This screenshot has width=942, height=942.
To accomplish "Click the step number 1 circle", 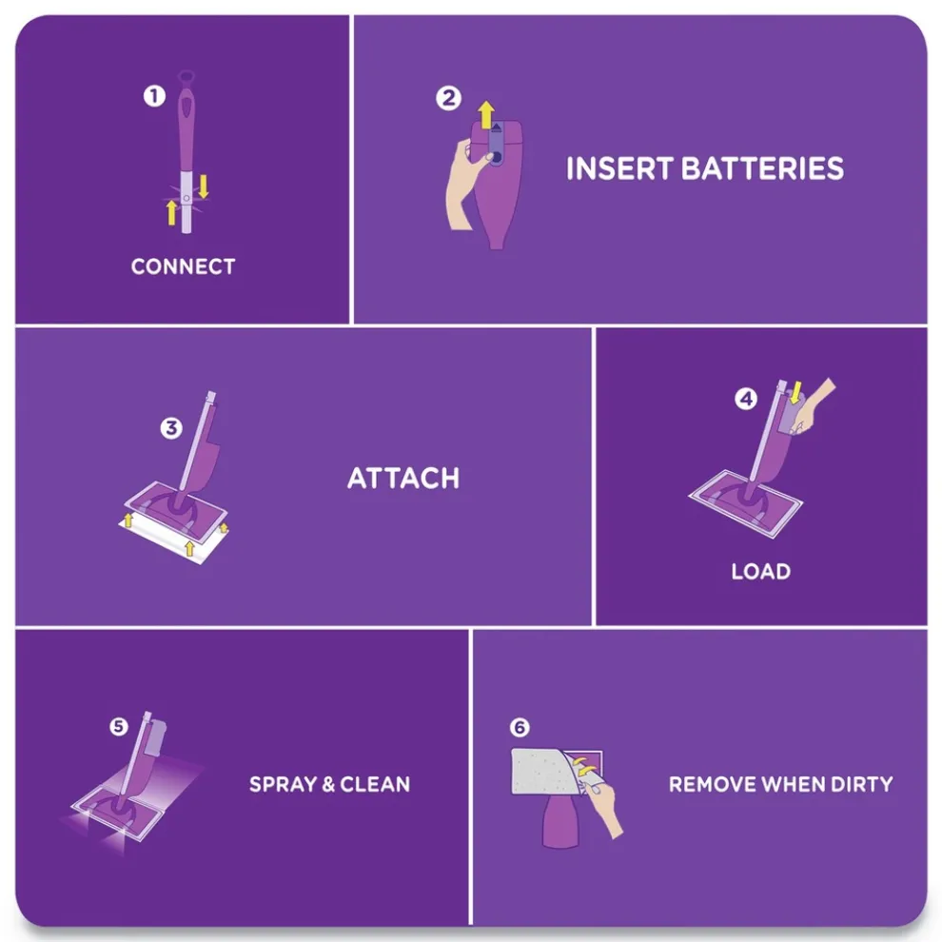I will tap(154, 95).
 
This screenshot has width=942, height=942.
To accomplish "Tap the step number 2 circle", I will tap(449, 98).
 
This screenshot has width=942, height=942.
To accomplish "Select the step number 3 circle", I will tap(171, 428).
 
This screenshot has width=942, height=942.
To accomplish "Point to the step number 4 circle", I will tap(746, 399).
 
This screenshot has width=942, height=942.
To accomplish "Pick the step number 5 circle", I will tap(118, 726).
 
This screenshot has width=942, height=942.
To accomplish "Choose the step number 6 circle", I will tap(519, 728).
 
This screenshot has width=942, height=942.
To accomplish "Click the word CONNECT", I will tap(183, 266).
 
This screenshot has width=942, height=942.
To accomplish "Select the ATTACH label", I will tap(403, 477).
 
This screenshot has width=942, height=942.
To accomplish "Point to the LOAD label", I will tap(760, 572).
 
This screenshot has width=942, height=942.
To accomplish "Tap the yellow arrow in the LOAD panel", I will tap(796, 391).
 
